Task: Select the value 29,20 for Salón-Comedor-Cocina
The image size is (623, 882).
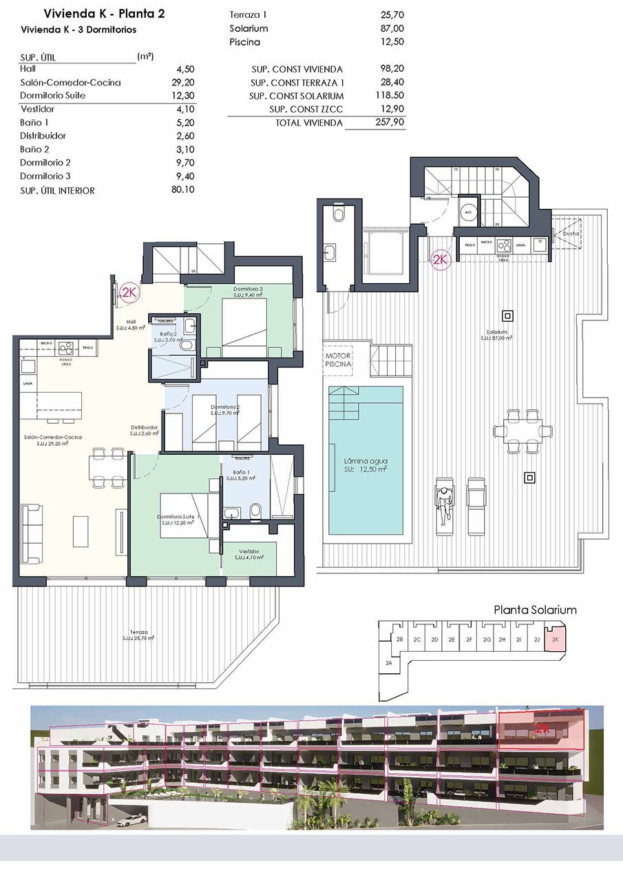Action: click(183, 83)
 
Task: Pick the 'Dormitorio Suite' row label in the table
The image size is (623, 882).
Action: click(53, 96)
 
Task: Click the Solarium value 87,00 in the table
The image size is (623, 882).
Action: click(392, 29)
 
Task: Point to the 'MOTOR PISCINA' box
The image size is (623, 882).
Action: click(339, 359)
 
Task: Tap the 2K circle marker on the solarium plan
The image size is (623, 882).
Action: click(440, 259)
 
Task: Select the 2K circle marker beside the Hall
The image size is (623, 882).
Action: click(129, 292)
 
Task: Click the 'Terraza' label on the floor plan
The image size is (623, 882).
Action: click(140, 632)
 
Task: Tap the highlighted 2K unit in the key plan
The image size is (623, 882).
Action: click(554, 639)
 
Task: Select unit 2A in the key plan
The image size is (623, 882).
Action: click(389, 663)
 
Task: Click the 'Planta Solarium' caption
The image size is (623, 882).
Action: click(536, 610)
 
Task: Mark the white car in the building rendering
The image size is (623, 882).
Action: click(132, 820)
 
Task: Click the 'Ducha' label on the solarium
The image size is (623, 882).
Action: click(571, 234)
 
